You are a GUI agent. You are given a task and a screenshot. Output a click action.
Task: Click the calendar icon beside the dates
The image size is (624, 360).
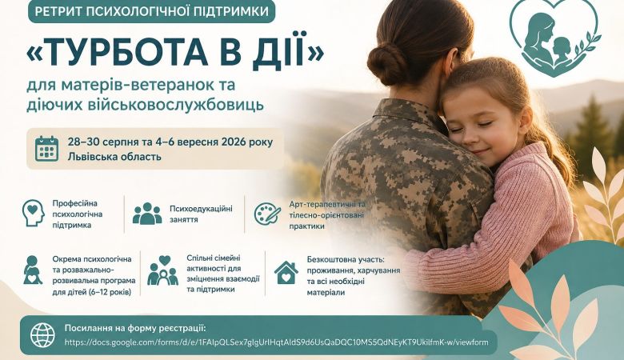46,149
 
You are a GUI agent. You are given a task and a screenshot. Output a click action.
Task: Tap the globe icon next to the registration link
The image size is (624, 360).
43,334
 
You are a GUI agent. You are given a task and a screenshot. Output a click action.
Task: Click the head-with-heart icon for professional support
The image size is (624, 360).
34,214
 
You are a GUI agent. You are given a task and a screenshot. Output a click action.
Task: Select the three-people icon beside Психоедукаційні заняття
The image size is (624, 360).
147,214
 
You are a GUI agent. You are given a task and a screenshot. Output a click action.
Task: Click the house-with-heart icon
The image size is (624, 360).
286,273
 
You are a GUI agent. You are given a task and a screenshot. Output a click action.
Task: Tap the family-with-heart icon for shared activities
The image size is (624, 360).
162,270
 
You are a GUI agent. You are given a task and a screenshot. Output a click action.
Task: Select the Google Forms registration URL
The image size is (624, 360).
276,342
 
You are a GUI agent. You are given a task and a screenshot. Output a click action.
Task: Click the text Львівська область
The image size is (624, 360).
114,156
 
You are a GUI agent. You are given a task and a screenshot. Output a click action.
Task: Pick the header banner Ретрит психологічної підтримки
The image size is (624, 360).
152,11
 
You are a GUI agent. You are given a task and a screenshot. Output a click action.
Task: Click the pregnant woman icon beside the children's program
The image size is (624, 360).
33,270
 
